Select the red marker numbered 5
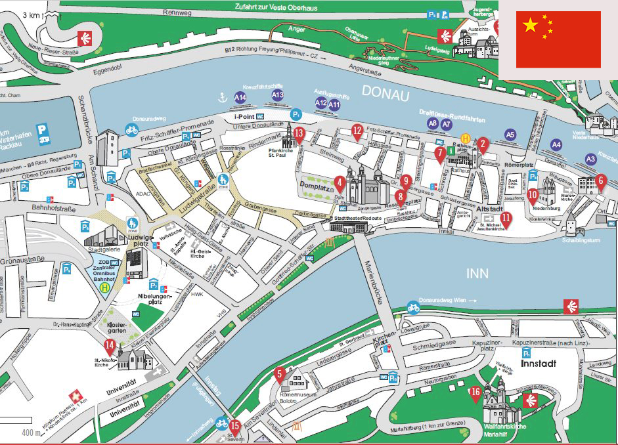(x=280, y=375)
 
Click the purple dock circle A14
(x=240, y=98)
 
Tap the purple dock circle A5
(x=510, y=135)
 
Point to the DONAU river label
(x=386, y=94)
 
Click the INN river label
(x=477, y=272)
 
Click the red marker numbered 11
(x=506, y=218)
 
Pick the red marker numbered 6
(x=600, y=180)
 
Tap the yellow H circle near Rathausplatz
(x=466, y=138)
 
